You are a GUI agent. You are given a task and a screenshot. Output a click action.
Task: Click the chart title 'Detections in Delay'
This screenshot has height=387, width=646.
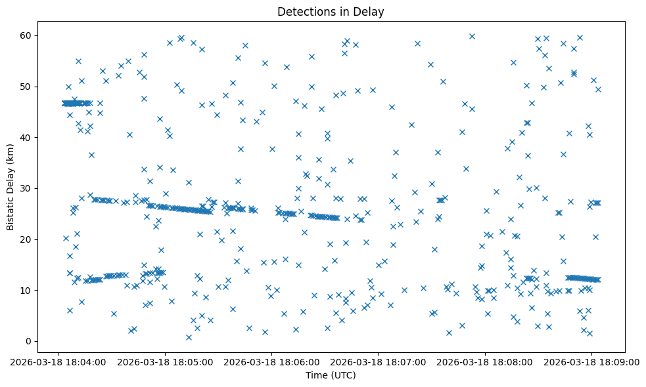(331, 11)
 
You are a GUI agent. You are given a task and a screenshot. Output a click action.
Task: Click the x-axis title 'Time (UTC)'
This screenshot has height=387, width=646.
(331, 376)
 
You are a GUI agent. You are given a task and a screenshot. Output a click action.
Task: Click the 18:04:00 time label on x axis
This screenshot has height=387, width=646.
(58, 361)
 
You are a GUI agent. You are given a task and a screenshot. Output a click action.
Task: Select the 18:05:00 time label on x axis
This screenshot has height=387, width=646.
(165, 361)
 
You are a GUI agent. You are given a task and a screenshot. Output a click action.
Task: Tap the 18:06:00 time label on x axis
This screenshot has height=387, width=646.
(271, 361)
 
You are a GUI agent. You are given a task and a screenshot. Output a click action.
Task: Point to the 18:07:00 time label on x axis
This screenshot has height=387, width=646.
(378, 361)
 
